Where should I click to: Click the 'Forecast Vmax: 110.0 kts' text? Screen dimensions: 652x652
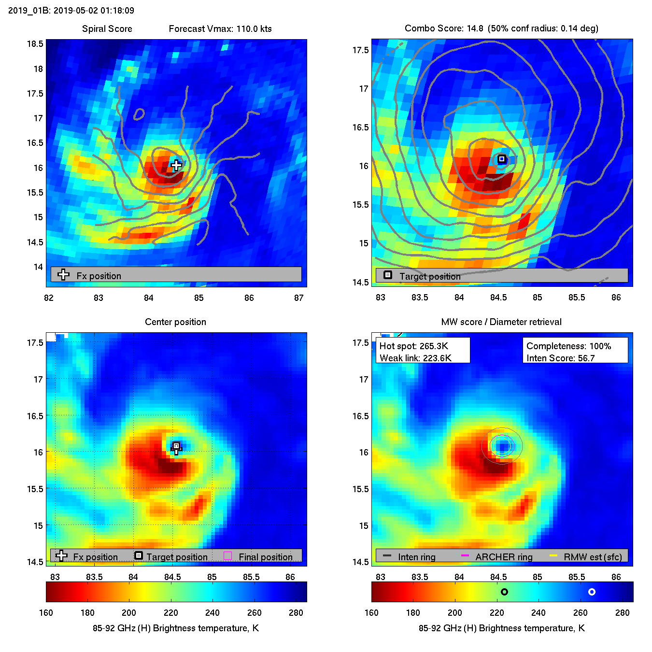coord(220,29)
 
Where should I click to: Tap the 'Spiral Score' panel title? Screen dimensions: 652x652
coord(107,29)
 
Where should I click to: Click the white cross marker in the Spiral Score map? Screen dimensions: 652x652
coord(176,166)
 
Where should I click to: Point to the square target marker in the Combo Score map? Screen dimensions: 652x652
coord(502,159)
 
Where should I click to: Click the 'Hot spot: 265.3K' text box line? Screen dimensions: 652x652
coord(414,346)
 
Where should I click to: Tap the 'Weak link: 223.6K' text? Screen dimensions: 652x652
coord(415,358)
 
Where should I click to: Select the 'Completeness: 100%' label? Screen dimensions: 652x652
coord(568,346)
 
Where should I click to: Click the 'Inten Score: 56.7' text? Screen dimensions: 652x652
coord(560,358)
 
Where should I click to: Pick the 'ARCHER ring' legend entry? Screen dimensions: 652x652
coord(503,557)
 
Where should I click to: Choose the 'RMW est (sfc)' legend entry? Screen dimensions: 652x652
coord(593,557)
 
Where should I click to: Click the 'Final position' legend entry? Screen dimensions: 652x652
coord(265,557)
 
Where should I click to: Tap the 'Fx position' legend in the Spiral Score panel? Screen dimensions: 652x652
coord(99,276)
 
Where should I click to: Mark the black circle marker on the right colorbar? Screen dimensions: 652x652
coord(504,592)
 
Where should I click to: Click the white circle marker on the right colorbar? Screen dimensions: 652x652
coord(592,592)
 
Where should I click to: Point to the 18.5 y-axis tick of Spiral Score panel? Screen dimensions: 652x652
coord(35,44)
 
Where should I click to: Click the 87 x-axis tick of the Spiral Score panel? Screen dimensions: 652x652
coord(299,298)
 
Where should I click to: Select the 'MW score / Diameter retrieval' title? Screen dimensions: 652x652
coord(501,322)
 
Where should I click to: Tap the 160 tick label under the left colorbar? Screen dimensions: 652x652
coord(46,613)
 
